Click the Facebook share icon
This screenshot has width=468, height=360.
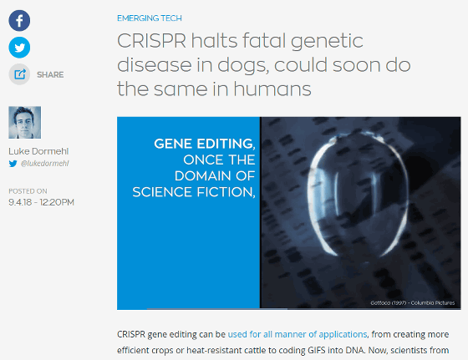coord(19,21)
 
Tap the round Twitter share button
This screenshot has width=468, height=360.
coord(19,48)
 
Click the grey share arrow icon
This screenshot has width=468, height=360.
coord(19,74)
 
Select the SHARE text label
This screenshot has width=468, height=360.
coord(50,74)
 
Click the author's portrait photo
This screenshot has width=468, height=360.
coord(25,122)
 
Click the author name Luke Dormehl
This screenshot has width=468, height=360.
coord(38,151)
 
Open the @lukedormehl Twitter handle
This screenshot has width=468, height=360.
coord(45,164)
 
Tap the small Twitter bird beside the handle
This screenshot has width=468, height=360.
coord(13,164)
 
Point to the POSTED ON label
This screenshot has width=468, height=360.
coord(28,191)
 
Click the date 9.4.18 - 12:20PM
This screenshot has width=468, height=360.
coord(41,202)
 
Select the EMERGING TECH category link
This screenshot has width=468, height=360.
coord(150,18)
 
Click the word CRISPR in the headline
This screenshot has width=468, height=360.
coord(151,41)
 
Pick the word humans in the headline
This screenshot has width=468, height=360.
coord(272,89)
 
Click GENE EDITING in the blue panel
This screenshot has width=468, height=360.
coord(205,144)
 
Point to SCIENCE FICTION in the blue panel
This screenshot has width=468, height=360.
coord(194,192)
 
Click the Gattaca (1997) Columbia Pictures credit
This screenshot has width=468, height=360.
coord(413,302)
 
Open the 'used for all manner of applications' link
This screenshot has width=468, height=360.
coord(298,334)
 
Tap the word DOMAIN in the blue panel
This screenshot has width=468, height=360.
coord(202,176)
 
